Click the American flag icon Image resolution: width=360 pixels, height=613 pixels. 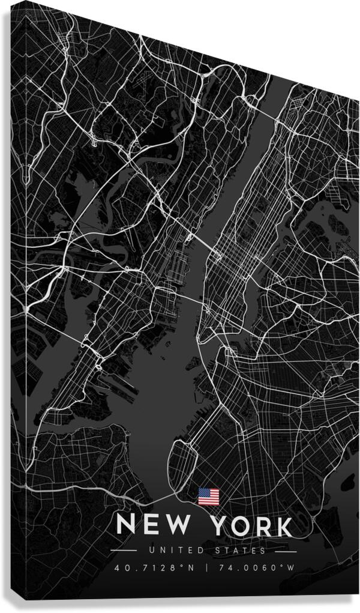tap(208, 496)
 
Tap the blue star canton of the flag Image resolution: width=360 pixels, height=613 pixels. tap(203, 492)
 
